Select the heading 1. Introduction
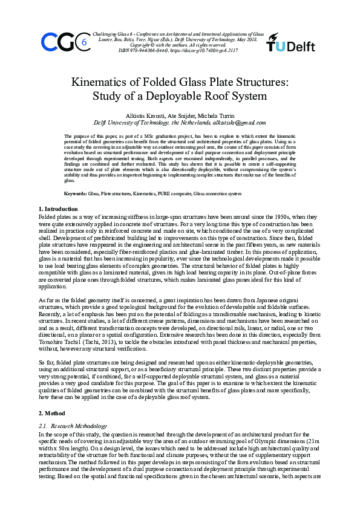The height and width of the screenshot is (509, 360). pyautogui.click(x=58, y=209)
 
